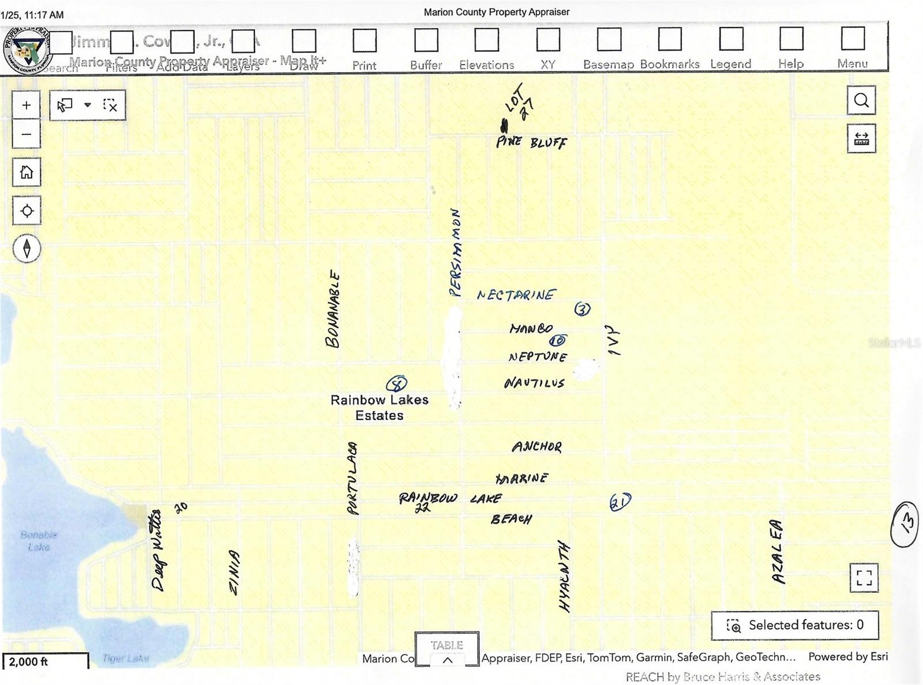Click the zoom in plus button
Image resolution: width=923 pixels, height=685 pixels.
[26, 106]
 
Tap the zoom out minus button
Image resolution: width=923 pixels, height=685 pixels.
[26, 135]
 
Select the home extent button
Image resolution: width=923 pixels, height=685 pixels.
[27, 172]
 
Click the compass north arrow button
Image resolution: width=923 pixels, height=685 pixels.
[27, 249]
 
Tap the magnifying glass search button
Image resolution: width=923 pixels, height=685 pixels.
[861, 100]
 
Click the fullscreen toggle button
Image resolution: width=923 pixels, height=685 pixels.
[864, 577]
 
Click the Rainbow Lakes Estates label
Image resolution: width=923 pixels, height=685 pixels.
[379, 407]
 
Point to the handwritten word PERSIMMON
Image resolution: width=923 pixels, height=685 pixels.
[456, 253]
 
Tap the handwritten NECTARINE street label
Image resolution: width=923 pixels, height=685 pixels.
[516, 295]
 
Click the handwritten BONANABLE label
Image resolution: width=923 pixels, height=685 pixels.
[333, 309]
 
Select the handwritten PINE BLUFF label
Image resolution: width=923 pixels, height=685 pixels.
[531, 141]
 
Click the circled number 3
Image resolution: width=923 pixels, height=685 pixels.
[582, 309]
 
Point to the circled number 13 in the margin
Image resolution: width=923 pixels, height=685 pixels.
[905, 524]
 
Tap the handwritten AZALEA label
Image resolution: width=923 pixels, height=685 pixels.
[778, 552]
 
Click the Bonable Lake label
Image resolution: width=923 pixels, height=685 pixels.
[39, 541]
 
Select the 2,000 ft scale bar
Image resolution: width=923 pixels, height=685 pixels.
[45, 661]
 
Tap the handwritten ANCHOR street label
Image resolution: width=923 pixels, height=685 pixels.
[536, 446]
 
